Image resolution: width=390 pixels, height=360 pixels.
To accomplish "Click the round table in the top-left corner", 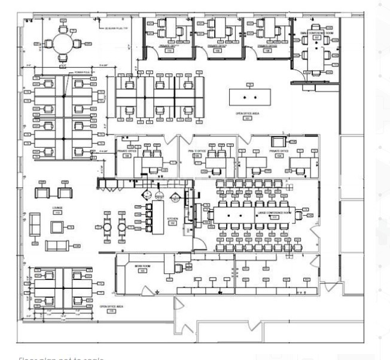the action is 63,43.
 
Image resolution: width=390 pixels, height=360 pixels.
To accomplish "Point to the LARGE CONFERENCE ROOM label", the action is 273,213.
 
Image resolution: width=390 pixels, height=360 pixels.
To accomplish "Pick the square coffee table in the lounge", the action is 58,227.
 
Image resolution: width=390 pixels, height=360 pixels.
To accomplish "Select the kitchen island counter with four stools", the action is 158,218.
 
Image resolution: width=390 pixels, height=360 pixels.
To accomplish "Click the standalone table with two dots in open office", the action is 248,96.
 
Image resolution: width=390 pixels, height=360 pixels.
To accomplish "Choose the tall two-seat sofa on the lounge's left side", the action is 34,222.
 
